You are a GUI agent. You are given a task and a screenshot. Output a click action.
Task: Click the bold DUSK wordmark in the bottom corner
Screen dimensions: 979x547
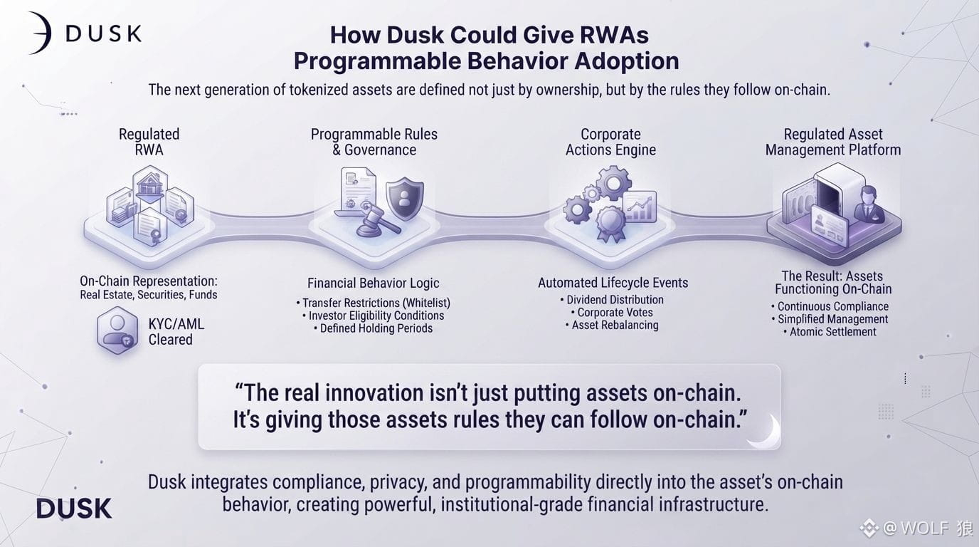(74, 509)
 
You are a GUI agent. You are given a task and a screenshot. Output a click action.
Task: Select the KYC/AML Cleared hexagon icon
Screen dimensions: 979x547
(117, 330)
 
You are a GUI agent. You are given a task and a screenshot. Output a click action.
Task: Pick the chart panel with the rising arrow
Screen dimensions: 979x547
(640, 206)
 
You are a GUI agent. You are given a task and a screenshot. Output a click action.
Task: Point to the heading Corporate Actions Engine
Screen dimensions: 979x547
(610, 142)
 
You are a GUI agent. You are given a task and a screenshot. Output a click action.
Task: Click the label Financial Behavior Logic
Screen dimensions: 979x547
(374, 283)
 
